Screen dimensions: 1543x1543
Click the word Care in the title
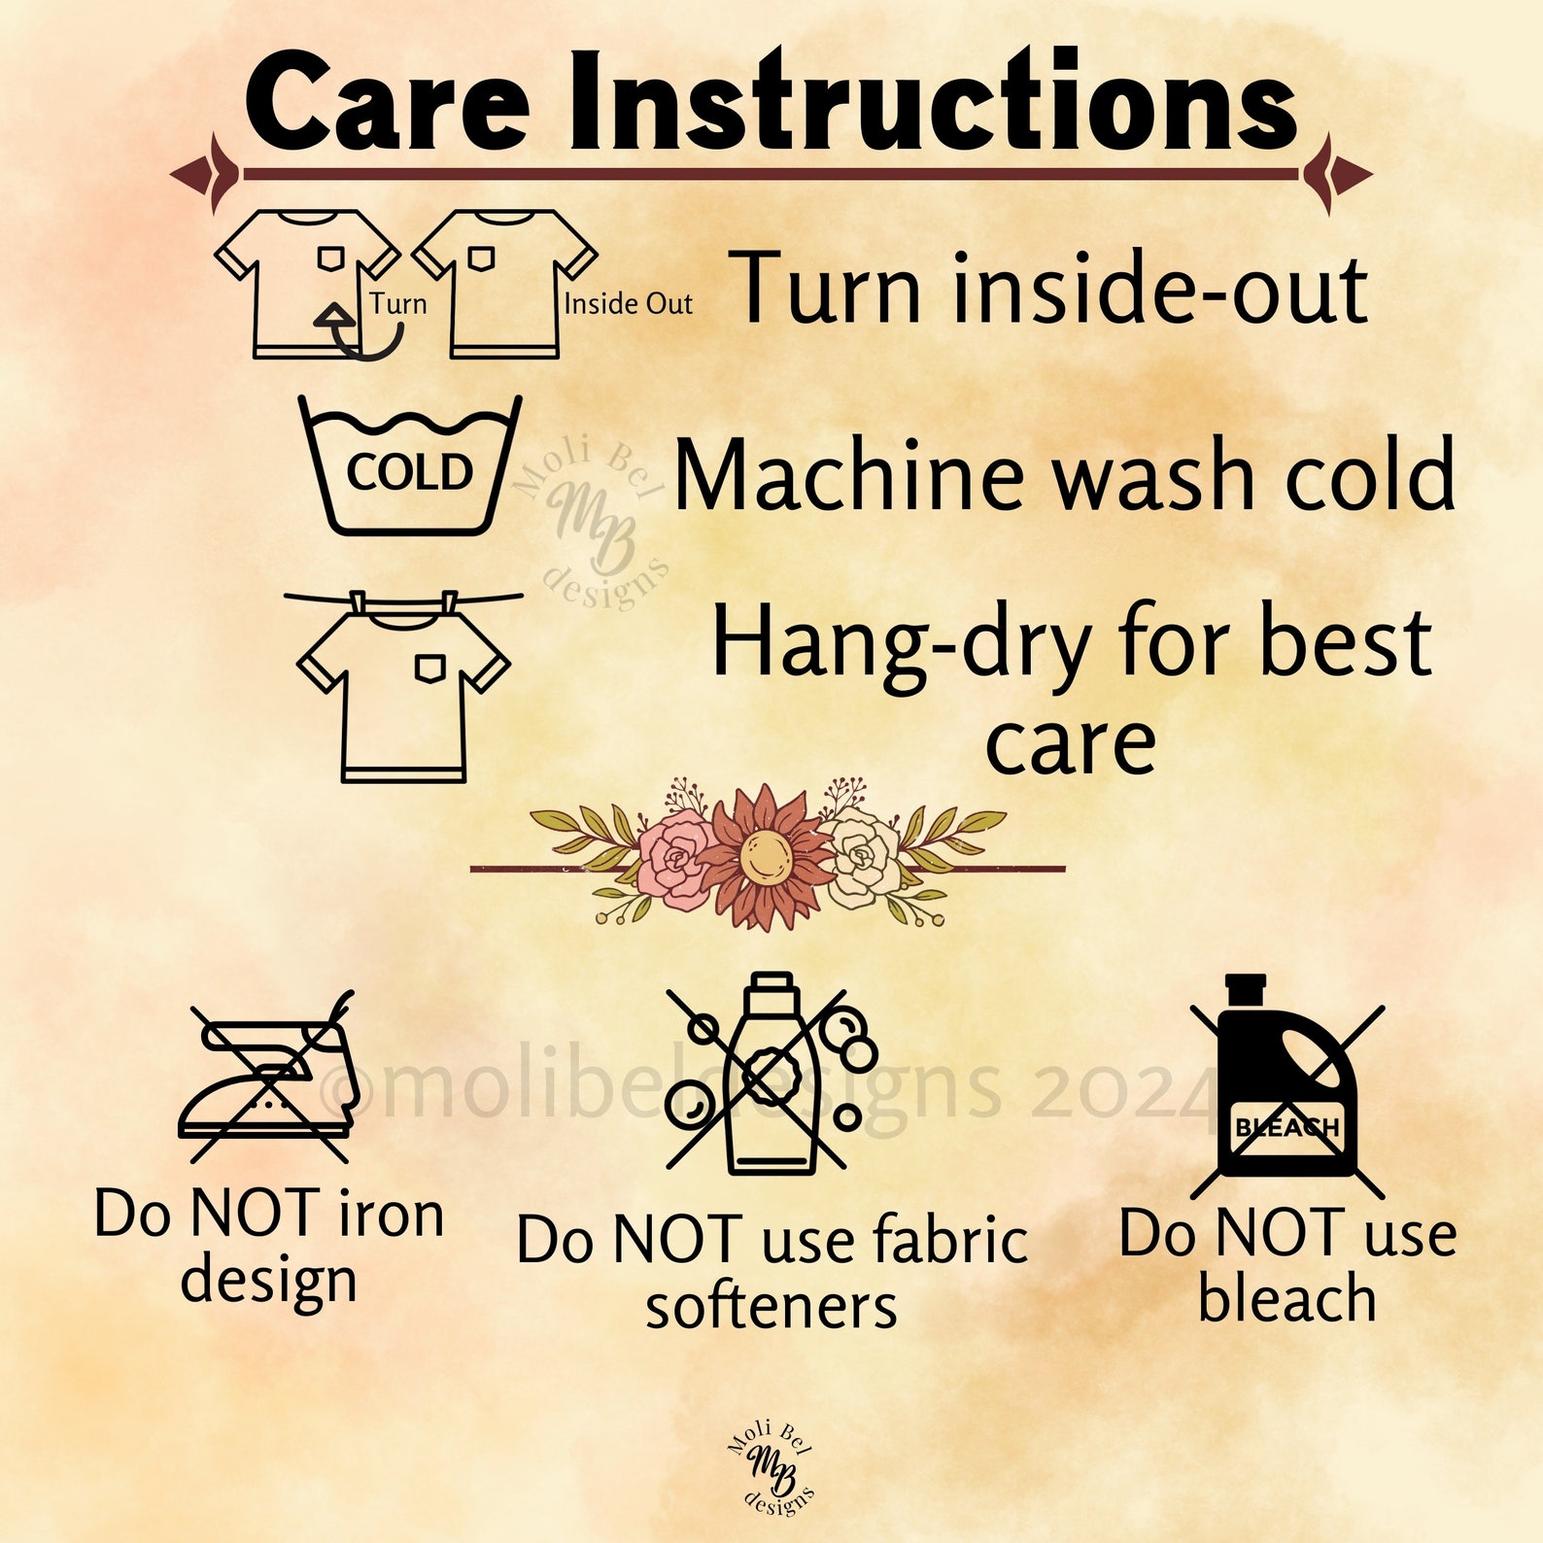click(x=388, y=103)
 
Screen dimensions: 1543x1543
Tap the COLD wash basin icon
click(x=410, y=464)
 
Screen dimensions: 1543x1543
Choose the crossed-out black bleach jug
click(x=1287, y=1085)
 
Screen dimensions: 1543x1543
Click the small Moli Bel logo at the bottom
click(x=771, y=1469)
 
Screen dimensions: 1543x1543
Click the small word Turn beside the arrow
click(x=398, y=303)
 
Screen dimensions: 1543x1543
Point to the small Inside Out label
click(x=628, y=304)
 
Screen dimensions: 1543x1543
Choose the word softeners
click(x=771, y=1307)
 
